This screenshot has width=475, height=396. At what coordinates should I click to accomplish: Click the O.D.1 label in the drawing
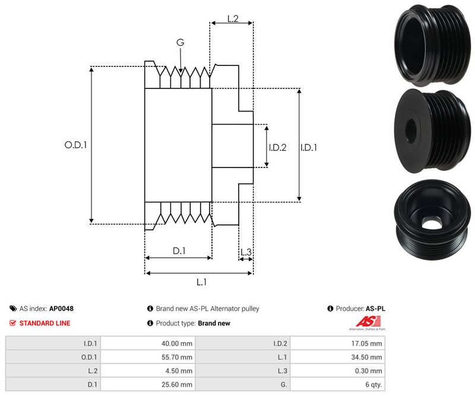(x=75, y=144)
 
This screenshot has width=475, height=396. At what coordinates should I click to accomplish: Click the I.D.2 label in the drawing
(x=277, y=147)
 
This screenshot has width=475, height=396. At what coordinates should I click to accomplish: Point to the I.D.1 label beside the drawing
(x=309, y=147)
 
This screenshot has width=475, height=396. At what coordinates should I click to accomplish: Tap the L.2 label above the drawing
(x=233, y=20)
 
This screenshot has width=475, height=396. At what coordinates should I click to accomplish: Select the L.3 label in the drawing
(x=246, y=252)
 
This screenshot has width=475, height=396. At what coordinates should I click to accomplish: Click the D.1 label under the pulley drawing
(x=179, y=251)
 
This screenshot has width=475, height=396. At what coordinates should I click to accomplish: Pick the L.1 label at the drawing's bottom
(x=201, y=282)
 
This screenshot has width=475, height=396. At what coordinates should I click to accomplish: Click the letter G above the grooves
(x=180, y=43)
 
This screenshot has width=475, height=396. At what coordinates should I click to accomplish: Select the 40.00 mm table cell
(x=178, y=343)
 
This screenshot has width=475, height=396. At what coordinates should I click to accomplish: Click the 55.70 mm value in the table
(x=178, y=357)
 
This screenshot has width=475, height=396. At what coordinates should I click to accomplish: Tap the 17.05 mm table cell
(x=368, y=343)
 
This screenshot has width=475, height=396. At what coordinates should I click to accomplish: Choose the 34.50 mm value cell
(x=368, y=357)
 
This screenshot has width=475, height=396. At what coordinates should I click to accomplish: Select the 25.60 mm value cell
(x=178, y=384)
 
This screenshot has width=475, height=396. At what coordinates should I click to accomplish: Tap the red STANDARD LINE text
(x=45, y=323)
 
